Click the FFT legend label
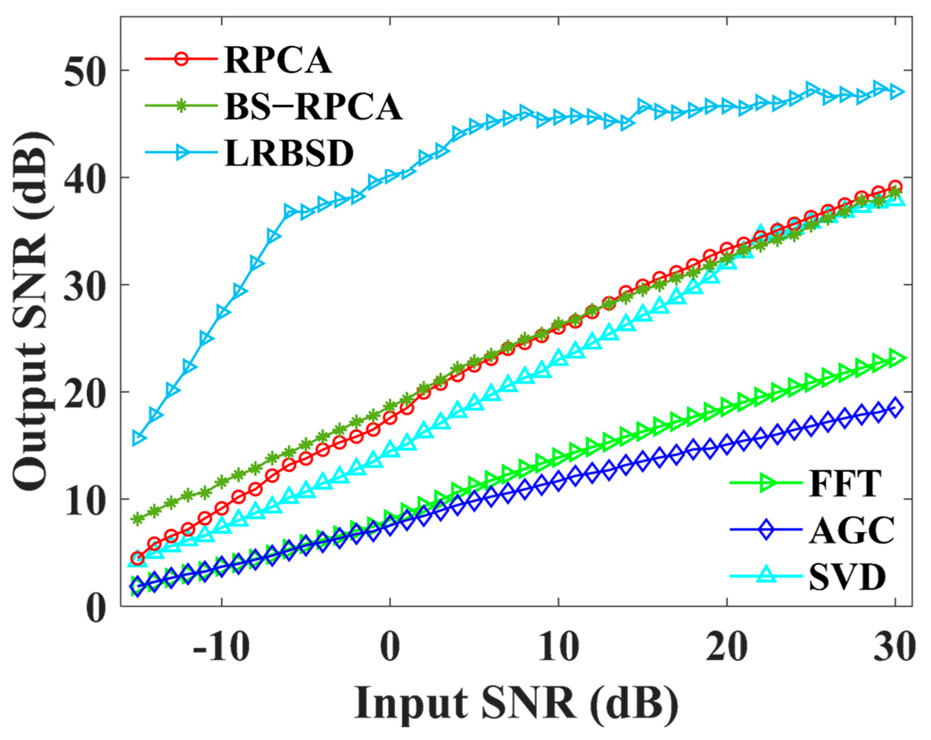(844, 483)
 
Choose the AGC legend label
(851, 530)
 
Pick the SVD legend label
(847, 577)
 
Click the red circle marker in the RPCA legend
(181, 59)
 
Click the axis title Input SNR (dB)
(516, 703)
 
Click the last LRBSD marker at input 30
(896, 92)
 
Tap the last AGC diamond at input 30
(895, 408)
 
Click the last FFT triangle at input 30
(896, 358)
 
